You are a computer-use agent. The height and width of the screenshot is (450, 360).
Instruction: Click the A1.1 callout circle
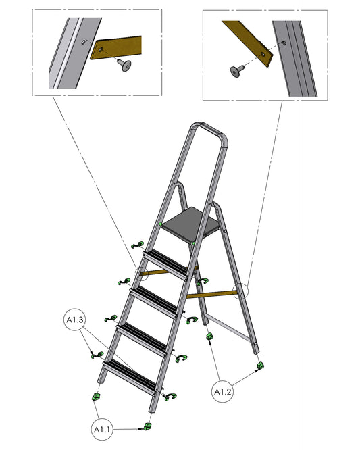point(103,429)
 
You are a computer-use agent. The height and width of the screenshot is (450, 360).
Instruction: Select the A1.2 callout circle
point(223,391)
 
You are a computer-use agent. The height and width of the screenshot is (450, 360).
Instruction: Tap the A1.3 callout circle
point(75,320)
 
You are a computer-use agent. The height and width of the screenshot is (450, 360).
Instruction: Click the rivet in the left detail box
point(124,65)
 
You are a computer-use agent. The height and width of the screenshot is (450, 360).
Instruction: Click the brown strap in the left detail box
point(116,47)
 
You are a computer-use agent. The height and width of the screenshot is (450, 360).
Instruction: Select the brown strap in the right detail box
point(248,43)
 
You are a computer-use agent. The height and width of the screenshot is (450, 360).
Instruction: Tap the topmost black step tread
point(168,264)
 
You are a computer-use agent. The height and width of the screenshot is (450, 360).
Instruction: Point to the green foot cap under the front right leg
point(148,426)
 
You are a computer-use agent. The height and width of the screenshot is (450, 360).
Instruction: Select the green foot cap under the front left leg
point(95,397)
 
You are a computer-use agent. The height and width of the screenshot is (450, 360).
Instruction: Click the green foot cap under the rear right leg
point(260,366)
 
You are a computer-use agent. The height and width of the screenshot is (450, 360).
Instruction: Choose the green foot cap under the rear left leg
point(210,336)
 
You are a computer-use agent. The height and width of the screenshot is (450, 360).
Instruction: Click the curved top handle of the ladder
point(209,132)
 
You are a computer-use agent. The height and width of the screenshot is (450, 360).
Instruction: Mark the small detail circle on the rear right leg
point(241,291)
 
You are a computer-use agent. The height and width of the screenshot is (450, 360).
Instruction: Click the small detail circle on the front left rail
point(142,274)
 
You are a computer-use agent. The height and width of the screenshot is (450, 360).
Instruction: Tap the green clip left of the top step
point(138,245)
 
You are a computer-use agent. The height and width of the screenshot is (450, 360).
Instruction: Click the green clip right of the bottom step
point(170,397)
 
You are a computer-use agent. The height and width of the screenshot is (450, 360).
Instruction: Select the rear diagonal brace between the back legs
point(228,328)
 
